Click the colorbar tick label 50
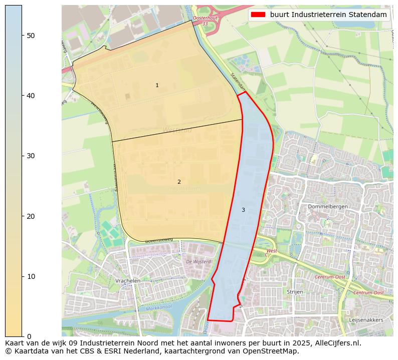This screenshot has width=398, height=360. pos(30,35)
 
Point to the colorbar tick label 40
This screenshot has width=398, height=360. pos(30,95)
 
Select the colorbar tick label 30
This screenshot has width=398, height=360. pos(30,156)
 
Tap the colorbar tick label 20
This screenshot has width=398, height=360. pos(30,216)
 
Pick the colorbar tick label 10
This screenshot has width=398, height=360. pos(30,276)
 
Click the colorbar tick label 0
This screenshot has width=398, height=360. pos(28,336)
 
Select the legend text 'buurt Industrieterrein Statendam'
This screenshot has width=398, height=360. pos(328,15)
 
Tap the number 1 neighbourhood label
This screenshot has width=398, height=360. pos(157,86)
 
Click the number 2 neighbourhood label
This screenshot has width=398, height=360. pos(179,182)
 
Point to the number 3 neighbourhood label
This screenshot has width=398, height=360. pos(243,210)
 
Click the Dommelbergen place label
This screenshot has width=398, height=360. pos(328,206)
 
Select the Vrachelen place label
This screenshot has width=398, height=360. pos(127,281)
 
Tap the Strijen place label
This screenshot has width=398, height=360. pos(295,291)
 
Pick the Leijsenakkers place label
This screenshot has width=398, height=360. pos(366,319)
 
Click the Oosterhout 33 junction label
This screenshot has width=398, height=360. pos(205,21)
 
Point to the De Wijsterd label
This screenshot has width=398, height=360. pos(198,261)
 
